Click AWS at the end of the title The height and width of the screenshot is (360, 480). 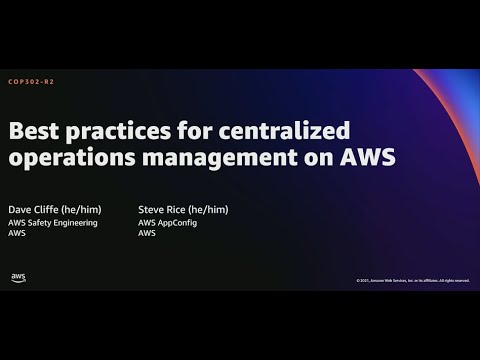(367, 157)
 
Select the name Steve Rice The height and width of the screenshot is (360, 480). (164, 209)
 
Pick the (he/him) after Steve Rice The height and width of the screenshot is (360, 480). (210, 209)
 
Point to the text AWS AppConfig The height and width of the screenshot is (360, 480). (168, 222)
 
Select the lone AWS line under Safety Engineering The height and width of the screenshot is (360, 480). (17, 233)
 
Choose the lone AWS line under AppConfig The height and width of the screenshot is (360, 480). (147, 233)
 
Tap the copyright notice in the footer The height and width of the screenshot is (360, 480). (411, 280)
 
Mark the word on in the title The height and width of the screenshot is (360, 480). (324, 157)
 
